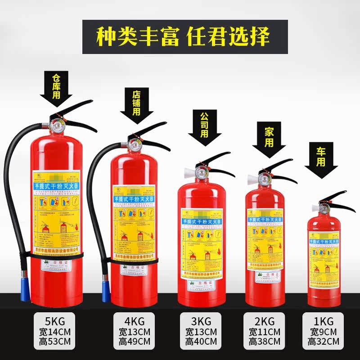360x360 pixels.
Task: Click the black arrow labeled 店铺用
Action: point(137,108)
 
